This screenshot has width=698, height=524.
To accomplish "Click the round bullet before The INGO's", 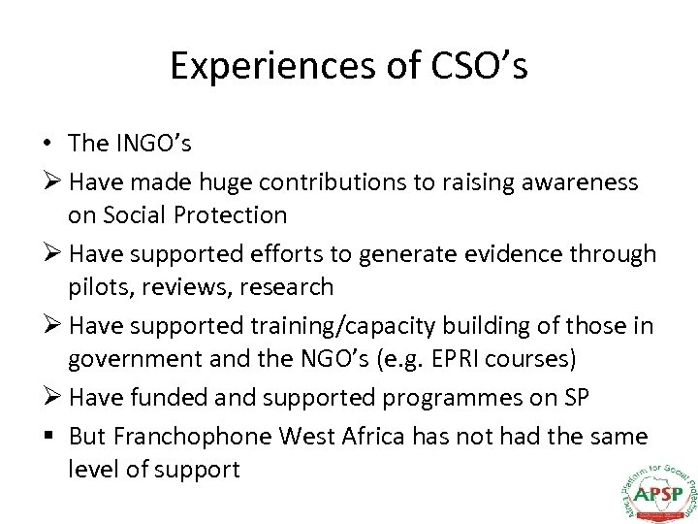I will pyautogui.click(x=47, y=144).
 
